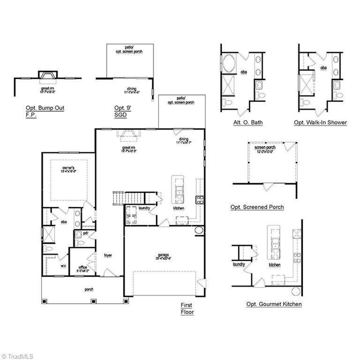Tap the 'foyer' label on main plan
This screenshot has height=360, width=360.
click(x=107, y=255)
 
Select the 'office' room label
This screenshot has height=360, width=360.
click(x=82, y=268)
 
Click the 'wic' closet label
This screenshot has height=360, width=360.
click(x=63, y=266)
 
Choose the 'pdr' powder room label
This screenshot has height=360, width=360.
click(x=86, y=233)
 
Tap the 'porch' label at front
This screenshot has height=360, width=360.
click(x=88, y=289)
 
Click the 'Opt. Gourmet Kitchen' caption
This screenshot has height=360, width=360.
click(x=274, y=304)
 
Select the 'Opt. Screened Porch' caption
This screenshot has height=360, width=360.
click(x=257, y=207)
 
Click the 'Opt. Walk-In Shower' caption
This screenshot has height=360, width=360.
click(x=320, y=123)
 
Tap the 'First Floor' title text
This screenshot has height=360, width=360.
click(x=187, y=308)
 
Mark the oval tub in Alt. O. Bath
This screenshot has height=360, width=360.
click(x=230, y=64)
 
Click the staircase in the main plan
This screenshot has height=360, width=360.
click(x=120, y=198)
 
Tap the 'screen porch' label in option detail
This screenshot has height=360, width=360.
click(x=265, y=150)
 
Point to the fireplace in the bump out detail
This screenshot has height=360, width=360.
click(x=47, y=75)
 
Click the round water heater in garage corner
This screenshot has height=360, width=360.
click(x=198, y=230)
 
